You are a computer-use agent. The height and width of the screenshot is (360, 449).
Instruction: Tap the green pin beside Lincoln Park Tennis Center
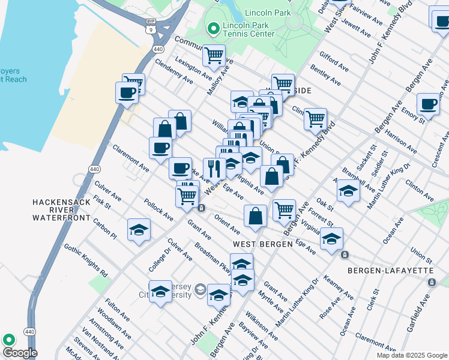point(212,28)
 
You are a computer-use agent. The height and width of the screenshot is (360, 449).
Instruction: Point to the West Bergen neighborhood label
point(262,244)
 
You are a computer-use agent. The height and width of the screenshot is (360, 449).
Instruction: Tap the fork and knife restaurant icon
point(213,167)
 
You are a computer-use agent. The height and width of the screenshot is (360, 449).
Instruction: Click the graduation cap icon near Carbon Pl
point(139,230)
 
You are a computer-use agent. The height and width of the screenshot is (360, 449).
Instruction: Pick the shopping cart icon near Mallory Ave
point(214,56)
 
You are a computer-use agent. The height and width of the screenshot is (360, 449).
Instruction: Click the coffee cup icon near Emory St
point(428,103)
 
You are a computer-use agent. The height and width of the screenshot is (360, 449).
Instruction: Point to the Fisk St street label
point(102,201)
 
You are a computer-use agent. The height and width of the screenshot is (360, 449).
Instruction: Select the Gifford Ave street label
point(334,62)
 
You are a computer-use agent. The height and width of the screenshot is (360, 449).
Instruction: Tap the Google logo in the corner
point(20,353)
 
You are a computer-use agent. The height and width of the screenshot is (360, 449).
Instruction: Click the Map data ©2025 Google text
point(412,355)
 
